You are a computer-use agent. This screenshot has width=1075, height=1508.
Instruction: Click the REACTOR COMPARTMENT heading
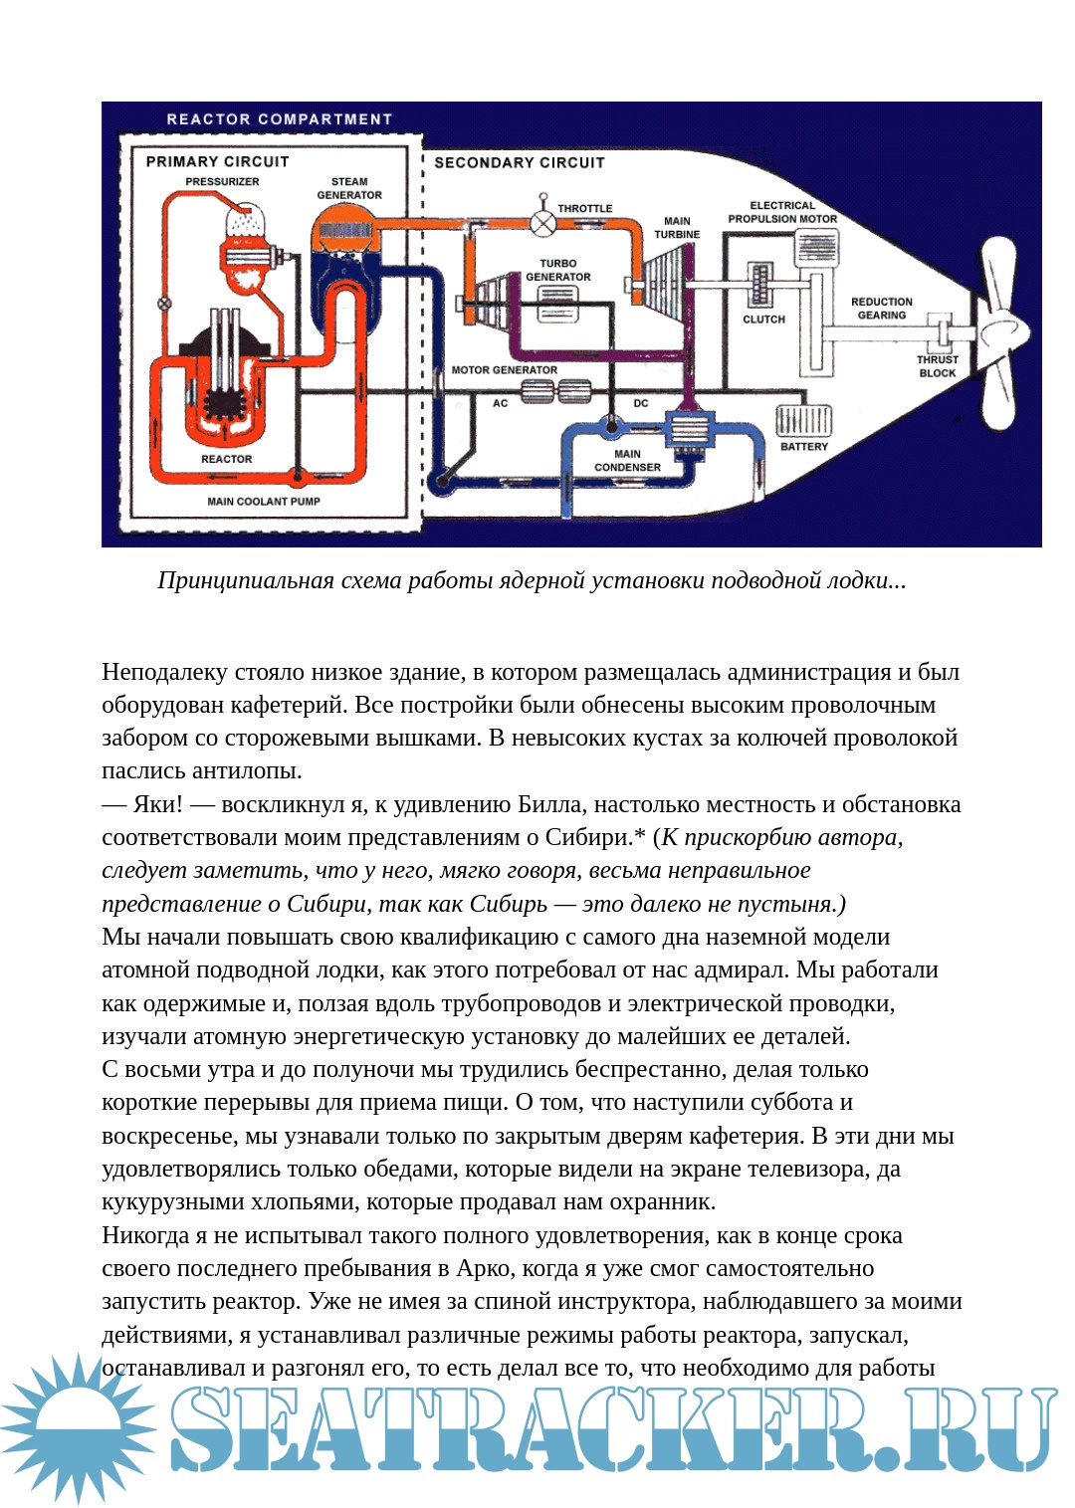click(279, 119)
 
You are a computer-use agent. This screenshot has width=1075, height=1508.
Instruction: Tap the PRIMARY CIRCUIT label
click(217, 161)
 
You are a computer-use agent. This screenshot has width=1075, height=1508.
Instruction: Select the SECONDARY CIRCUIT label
click(519, 162)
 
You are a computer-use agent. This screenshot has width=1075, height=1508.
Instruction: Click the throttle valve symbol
click(542, 223)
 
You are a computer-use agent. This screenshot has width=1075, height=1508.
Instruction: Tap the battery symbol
click(802, 418)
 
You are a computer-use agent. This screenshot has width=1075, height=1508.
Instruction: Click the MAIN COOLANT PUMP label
click(264, 502)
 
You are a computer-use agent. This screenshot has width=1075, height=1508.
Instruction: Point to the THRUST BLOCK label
click(937, 366)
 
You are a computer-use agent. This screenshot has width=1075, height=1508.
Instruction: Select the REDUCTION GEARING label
click(881, 309)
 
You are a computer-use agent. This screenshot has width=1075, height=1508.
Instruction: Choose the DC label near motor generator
click(641, 403)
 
